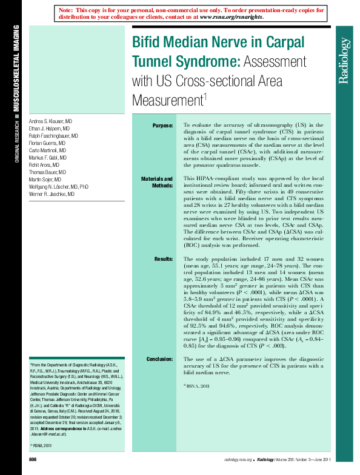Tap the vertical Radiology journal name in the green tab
tap(344, 61)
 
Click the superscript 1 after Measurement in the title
tap(205, 95)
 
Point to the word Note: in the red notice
tap(67, 11)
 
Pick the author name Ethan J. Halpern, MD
tap(49, 130)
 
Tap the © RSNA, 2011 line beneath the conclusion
tap(197, 386)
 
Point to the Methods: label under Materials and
tap(161, 186)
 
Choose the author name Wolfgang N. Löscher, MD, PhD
tap(59, 187)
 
